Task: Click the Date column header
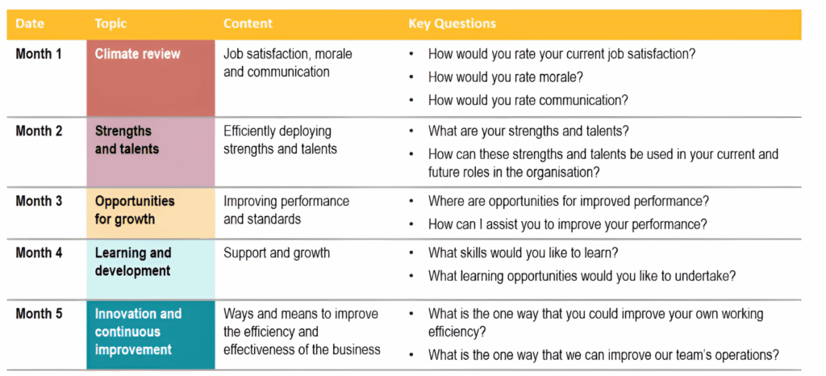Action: [x=30, y=23]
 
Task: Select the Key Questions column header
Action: [x=452, y=24]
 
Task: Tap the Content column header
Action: [x=248, y=23]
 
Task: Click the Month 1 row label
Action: [x=39, y=54]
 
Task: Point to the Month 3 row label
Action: [x=39, y=201]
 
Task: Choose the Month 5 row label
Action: [x=39, y=315]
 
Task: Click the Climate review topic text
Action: [x=137, y=54]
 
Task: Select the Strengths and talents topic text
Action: [x=127, y=140]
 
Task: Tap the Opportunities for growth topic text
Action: [x=135, y=210]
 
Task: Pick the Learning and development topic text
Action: [x=133, y=261]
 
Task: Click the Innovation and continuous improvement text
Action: [x=138, y=332]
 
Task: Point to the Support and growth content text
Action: [x=277, y=253]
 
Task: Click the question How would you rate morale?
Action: [x=506, y=77]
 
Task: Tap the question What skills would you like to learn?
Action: [x=523, y=253]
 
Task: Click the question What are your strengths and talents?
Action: [x=528, y=132]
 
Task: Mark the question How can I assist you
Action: [x=567, y=224]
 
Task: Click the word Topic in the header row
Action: [x=111, y=24]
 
